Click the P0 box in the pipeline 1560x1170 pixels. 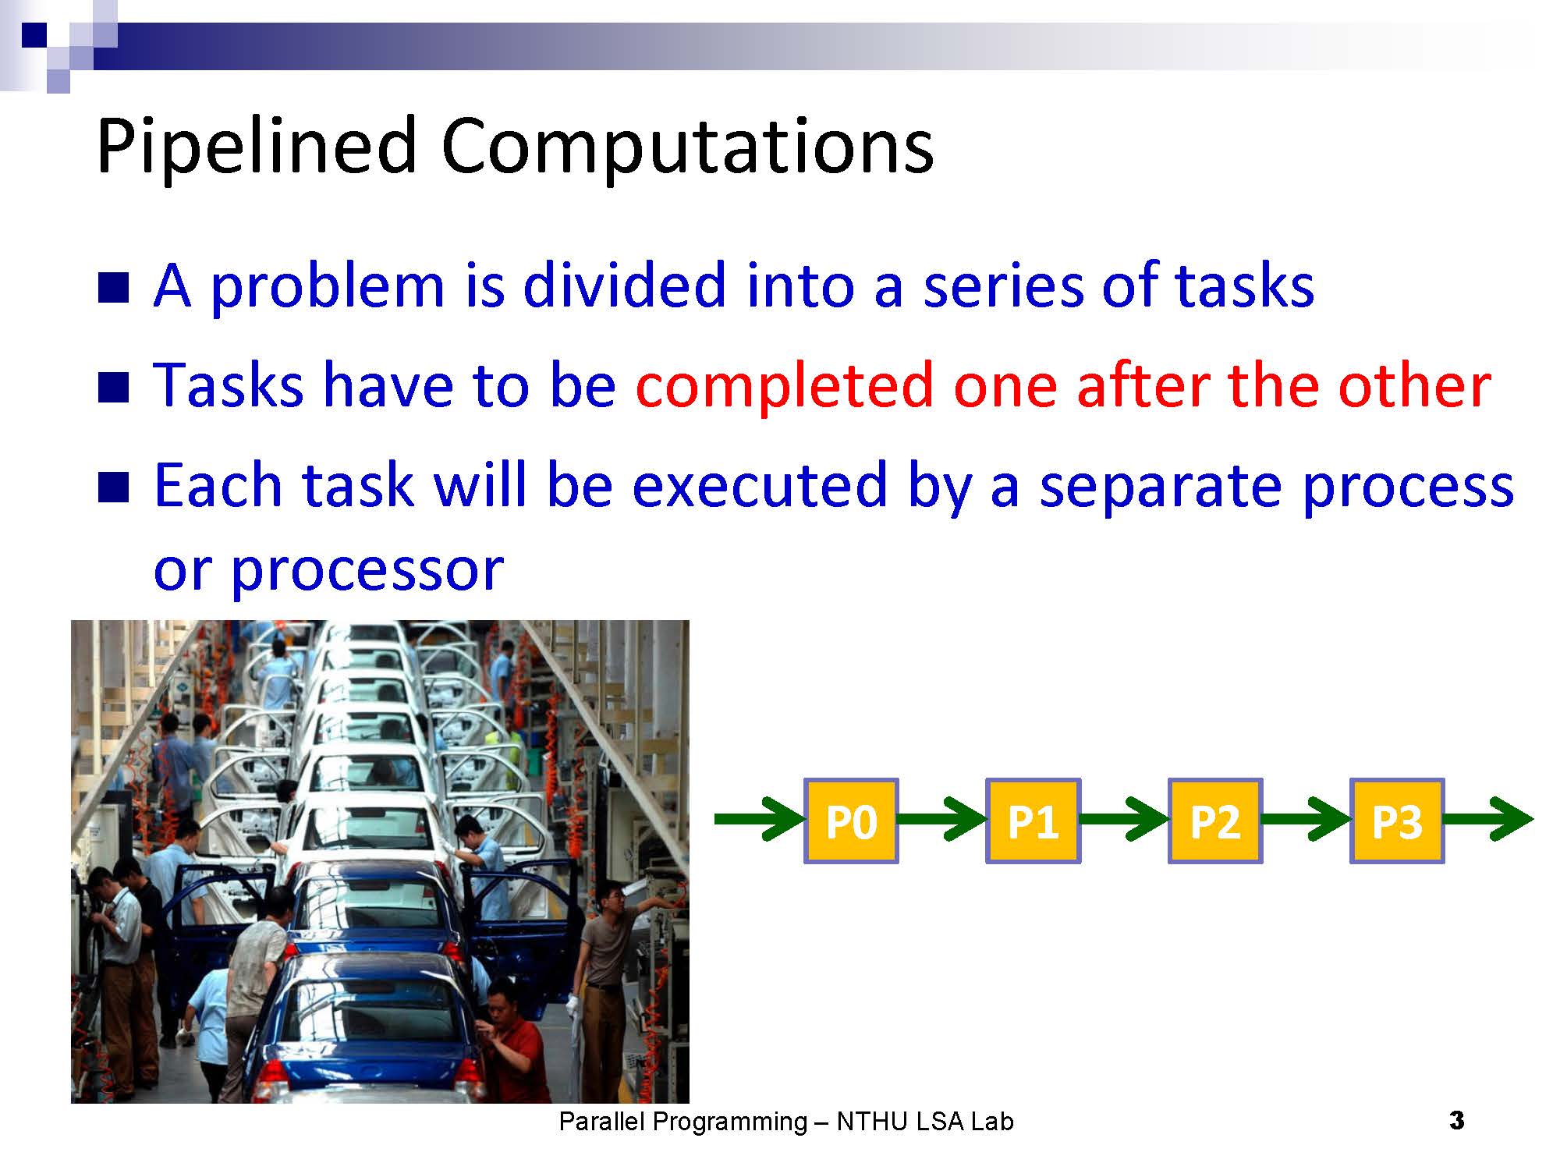(851, 821)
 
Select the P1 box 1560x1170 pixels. (1033, 821)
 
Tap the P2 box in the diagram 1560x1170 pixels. (1214, 821)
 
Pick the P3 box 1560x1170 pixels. (1397, 821)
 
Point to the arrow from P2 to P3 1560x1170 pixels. (1306, 819)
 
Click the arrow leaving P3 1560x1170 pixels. (1489, 819)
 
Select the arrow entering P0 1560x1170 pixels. (760, 819)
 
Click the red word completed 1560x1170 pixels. (784, 386)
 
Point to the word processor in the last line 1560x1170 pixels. (367, 572)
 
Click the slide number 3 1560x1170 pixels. (1456, 1122)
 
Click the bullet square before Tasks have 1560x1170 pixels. (113, 388)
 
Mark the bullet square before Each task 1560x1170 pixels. (113, 487)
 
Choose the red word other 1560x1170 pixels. (1414, 386)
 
